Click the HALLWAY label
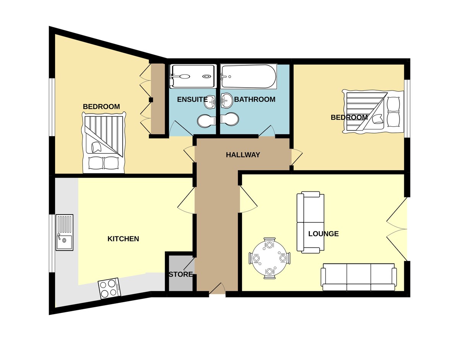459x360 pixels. pos(243,155)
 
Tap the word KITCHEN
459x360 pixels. pos(123,239)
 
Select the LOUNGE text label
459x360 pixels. pos(323,234)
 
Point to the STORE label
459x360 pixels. pos(181,274)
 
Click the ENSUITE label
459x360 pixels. pos(192,99)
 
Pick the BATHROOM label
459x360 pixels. pos(255,99)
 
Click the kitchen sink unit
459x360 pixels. pos(64,233)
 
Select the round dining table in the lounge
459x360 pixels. pos(270,258)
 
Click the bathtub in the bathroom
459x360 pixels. pos(249,76)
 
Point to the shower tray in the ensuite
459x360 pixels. pos(193,76)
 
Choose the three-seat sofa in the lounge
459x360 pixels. pos(359,277)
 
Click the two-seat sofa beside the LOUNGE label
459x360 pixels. pos(311,222)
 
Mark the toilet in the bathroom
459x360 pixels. pos(229,119)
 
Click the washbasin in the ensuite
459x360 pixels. pos(210,102)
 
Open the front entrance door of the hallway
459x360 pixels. pos(217,288)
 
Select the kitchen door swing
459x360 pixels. pos(186,200)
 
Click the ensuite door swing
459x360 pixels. pos(181,128)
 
